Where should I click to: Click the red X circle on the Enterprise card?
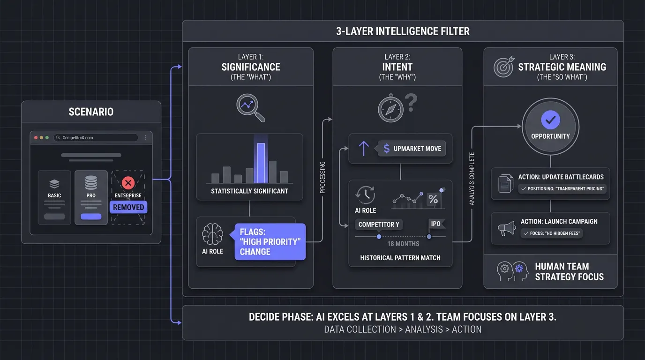[128, 183]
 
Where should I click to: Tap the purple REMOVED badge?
[128, 207]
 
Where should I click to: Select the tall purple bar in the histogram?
[261, 163]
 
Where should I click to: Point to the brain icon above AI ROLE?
[212, 233]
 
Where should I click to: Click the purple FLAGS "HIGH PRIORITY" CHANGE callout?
[270, 242]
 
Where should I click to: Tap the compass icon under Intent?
[391, 109]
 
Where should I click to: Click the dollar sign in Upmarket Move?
[387, 149]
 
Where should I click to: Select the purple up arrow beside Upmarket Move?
[364, 149]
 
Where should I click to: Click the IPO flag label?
[436, 224]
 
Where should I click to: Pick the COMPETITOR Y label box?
[379, 225]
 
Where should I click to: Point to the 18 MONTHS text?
[403, 244]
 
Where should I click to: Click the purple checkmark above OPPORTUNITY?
[550, 120]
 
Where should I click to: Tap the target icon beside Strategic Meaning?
[503, 67]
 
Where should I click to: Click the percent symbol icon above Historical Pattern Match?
[433, 199]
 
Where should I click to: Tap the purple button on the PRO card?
[91, 217]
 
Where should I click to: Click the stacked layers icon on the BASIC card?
[54, 183]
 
